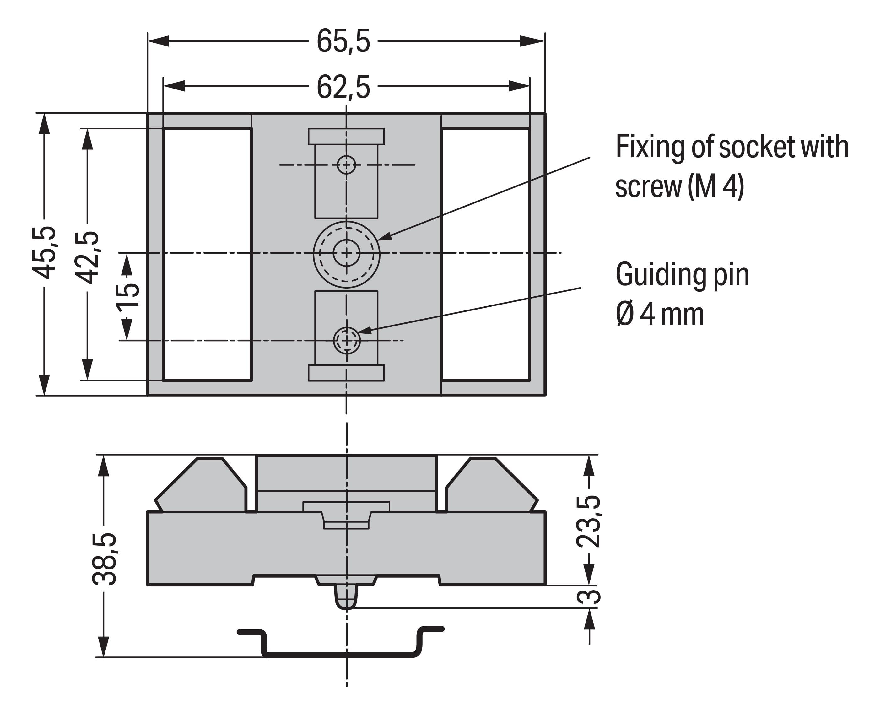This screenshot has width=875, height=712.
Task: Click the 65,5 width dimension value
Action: [343, 41]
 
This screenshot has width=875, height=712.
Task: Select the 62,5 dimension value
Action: [343, 87]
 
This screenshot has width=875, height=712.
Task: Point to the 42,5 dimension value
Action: [88, 257]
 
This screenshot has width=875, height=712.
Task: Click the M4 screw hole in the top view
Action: [347, 253]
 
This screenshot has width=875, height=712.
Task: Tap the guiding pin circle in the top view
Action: [347, 340]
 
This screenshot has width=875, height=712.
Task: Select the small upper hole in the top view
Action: [347, 165]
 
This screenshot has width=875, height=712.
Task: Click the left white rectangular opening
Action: [207, 254]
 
